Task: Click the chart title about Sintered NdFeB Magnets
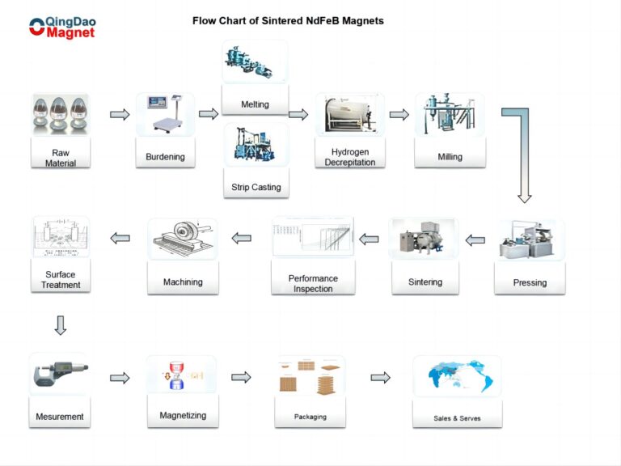tap(288, 21)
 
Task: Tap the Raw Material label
tap(61, 158)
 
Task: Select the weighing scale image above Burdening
tap(165, 114)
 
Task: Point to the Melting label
tap(255, 104)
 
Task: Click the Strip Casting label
tap(256, 187)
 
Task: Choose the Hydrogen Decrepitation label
tap(350, 157)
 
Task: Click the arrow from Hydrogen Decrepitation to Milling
tap(399, 114)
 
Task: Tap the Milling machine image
tap(450, 114)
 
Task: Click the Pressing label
tap(530, 282)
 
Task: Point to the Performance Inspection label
tap(313, 283)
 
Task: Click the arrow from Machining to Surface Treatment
tap(120, 238)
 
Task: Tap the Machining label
tap(183, 282)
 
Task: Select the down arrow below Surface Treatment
tap(61, 325)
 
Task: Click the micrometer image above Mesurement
tap(61, 376)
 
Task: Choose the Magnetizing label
tap(183, 415)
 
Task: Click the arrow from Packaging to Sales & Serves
tap(380, 377)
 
